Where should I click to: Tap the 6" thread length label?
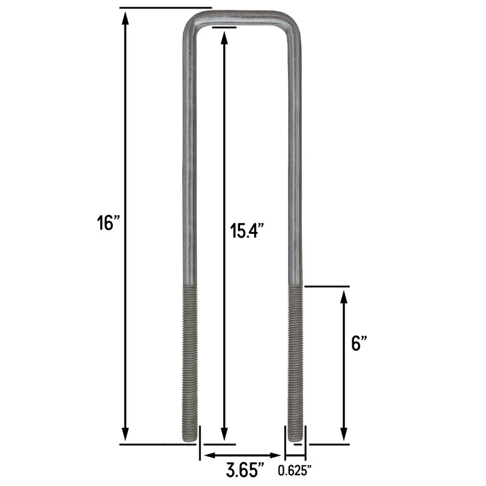tap(360, 344)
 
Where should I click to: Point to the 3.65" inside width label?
tap(245, 470)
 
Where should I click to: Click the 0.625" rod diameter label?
tap(295, 470)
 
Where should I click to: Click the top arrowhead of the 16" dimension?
tap(125, 18)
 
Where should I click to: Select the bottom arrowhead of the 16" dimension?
tap(125, 435)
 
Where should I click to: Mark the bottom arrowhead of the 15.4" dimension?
tap(225, 435)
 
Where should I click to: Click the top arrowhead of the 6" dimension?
tap(344, 296)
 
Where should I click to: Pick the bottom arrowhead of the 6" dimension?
tap(344, 435)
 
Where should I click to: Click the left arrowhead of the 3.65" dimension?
tap(208, 456)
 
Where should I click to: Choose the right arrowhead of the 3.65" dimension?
tap(278, 456)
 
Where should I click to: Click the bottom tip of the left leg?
tap(190, 439)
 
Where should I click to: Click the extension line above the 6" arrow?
tap(327, 286)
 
